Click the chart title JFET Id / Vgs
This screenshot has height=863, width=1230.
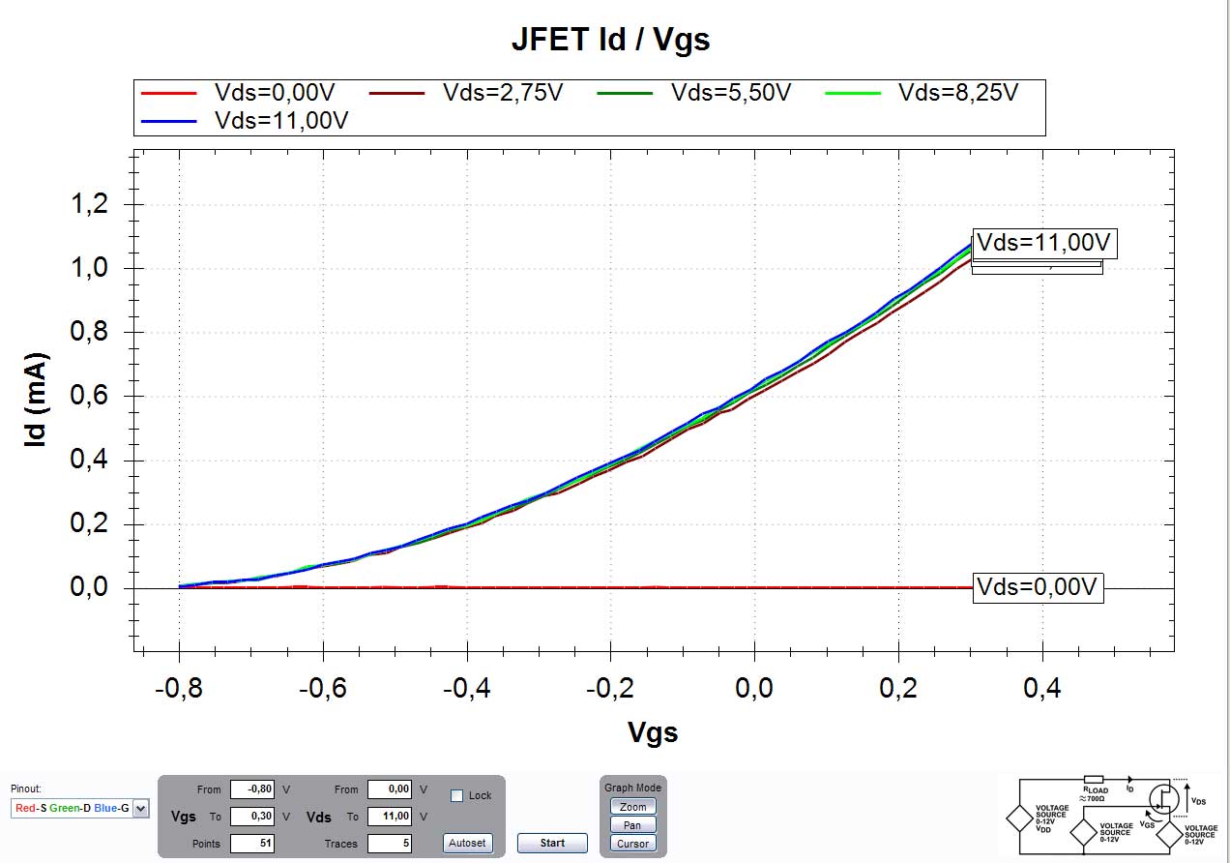[610, 40]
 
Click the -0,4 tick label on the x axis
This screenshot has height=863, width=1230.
[466, 688]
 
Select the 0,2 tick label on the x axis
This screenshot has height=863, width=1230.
[898, 688]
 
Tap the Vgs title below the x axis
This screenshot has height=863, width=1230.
[653, 732]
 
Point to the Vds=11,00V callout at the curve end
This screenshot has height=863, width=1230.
[1044, 242]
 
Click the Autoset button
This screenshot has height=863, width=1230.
[467, 843]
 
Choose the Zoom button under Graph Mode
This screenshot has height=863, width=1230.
[632, 807]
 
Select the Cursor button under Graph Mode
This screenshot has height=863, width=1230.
[632, 844]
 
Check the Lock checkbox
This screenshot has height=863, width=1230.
[457, 795]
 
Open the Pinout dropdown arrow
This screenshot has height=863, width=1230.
[141, 808]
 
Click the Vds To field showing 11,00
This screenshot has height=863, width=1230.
[390, 817]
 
